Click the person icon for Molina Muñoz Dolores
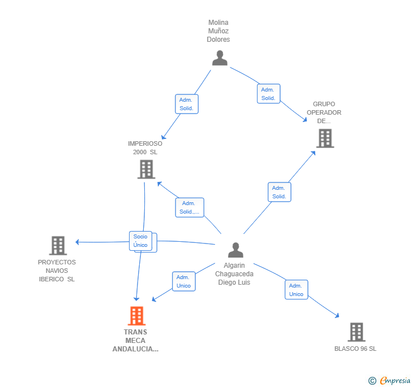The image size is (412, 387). tap(220, 58)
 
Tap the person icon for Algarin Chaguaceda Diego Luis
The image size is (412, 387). tap(235, 250)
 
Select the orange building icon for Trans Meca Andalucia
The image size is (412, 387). tap(136, 316)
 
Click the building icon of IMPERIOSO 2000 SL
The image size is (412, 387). tap(147, 169)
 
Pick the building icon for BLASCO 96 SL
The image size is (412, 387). tap(357, 332)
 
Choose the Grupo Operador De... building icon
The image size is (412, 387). tap(325, 138)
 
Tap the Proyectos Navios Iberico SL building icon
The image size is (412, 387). tap(58, 246)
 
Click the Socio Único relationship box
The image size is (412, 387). tap(140, 241)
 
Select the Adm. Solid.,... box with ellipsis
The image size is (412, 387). tap(190, 207)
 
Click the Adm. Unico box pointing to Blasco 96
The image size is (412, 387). tap(296, 290)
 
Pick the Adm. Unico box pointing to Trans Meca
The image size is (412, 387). tap(184, 281)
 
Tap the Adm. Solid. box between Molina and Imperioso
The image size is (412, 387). tap(187, 104)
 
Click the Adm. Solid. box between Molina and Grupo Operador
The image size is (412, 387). tap(268, 94)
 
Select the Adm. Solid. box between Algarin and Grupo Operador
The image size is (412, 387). tap(280, 192)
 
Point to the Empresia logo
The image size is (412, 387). tap(390, 380)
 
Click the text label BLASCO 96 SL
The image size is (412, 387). tap(355, 349)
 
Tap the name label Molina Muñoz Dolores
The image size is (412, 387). tap(218, 31)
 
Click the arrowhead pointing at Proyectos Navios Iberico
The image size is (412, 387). tap(77, 242)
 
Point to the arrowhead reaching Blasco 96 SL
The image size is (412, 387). tap(337, 315)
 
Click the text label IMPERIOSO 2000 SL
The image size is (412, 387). tap(145, 147)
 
